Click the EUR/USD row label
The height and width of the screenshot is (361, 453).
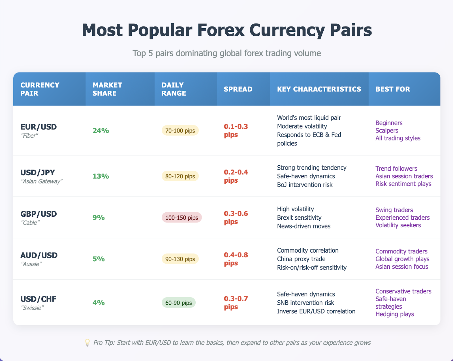click(x=39, y=127)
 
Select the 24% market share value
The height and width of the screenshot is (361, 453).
click(x=101, y=131)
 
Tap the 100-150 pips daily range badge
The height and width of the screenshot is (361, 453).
click(x=182, y=217)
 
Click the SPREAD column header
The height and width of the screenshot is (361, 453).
click(x=238, y=89)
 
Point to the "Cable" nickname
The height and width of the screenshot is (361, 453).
click(x=30, y=223)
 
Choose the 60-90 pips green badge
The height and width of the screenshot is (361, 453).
click(x=178, y=303)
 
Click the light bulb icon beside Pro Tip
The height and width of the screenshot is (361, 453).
click(x=87, y=343)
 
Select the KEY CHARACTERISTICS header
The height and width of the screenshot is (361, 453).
click(x=319, y=89)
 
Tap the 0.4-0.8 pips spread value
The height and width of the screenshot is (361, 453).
click(x=236, y=259)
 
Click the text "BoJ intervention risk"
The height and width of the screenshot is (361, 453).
click(x=305, y=185)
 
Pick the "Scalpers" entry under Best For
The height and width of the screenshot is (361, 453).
click(x=387, y=131)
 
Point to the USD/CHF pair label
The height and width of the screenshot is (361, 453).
click(x=39, y=299)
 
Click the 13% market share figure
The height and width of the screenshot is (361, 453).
click(x=101, y=176)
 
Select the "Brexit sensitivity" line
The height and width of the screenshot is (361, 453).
click(x=299, y=218)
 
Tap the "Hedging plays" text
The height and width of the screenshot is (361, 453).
click(x=395, y=314)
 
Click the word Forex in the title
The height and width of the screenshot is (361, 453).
click(x=221, y=30)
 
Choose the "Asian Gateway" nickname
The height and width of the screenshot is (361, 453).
click(x=42, y=181)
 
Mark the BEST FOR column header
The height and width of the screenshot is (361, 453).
click(x=393, y=89)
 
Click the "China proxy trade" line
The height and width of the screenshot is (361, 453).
click(x=301, y=259)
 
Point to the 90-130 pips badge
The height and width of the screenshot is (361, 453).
click(x=180, y=259)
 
